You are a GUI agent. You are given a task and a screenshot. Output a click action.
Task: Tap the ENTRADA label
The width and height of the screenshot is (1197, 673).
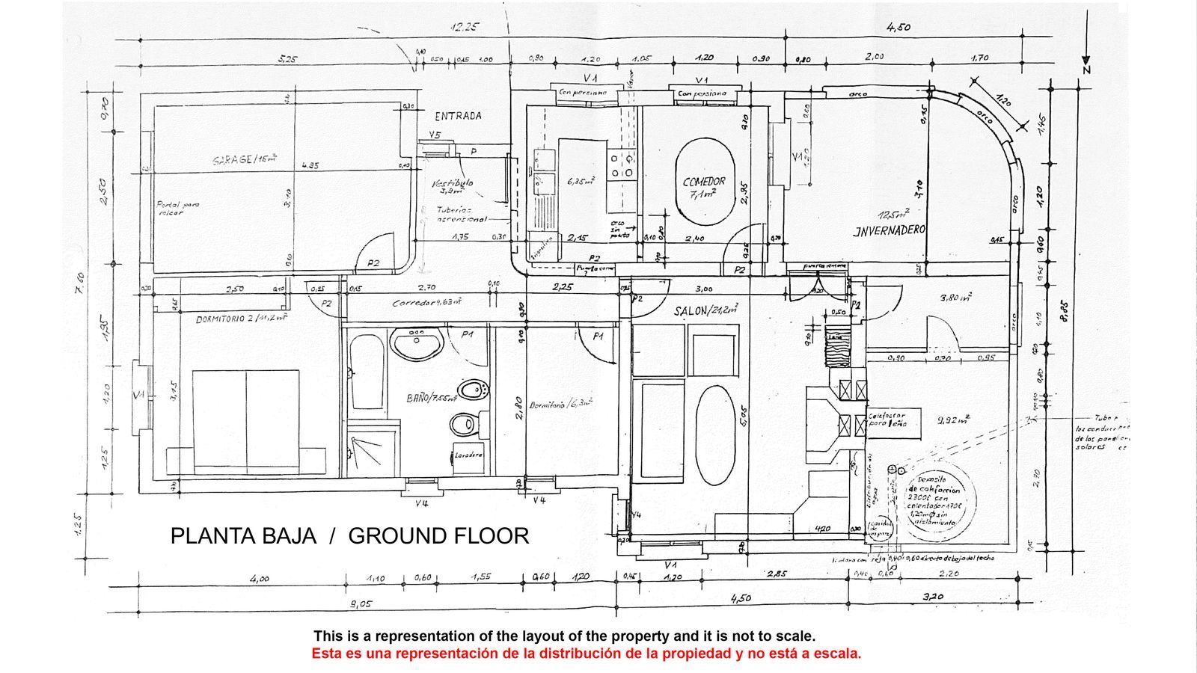458,116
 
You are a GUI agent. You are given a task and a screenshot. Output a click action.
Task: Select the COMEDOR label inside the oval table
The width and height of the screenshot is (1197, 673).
704,182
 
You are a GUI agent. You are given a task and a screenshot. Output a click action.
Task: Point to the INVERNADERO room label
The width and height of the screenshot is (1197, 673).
890,230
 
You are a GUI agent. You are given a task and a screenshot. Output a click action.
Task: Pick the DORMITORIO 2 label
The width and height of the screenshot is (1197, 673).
242,319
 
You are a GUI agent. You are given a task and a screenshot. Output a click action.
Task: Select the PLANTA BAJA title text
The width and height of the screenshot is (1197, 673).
242,536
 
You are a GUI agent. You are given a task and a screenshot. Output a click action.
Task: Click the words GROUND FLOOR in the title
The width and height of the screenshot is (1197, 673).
438,536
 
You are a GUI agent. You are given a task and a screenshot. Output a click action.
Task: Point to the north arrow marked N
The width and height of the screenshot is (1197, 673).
1086,66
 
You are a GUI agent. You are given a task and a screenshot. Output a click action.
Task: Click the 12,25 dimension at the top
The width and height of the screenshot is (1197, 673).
464,27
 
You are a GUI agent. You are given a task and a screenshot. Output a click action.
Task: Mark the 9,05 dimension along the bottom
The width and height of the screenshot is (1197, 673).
361,603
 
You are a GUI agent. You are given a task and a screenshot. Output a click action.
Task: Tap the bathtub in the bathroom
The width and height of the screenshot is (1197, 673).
366,372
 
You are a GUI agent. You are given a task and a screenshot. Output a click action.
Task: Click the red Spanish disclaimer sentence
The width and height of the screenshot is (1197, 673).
586,654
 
